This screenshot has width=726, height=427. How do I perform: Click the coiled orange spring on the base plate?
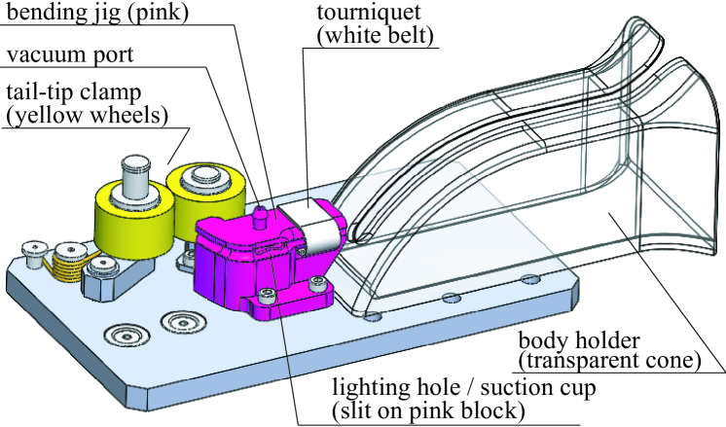tap(66, 258)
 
